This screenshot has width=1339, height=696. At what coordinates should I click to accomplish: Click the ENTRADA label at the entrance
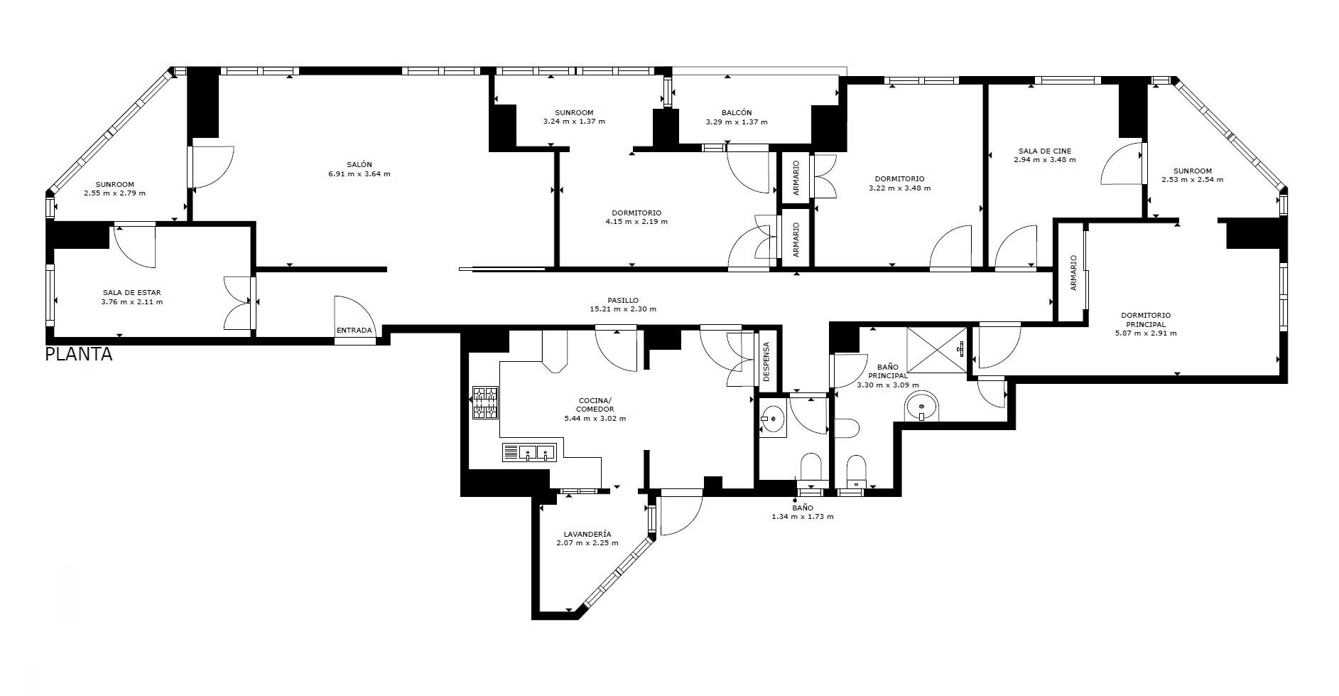click(354, 331)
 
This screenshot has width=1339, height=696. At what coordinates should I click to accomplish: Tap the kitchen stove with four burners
click(485, 402)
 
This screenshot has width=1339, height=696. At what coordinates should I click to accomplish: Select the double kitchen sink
click(529, 452)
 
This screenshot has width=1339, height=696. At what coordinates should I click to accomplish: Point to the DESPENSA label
click(766, 362)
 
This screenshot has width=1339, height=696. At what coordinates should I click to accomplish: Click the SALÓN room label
click(359, 164)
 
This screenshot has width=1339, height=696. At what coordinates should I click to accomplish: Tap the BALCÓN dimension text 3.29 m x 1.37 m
click(737, 122)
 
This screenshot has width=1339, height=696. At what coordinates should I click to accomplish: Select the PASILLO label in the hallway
click(623, 300)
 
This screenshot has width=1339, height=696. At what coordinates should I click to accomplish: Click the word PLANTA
click(79, 354)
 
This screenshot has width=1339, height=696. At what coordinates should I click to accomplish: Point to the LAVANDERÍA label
click(587, 534)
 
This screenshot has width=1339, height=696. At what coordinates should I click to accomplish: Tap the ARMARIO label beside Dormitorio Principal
click(1073, 272)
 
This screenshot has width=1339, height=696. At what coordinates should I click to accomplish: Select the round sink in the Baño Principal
click(922, 407)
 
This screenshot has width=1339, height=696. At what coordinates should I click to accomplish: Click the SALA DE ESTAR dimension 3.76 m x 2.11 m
click(132, 301)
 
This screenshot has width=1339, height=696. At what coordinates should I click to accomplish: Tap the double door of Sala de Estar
click(239, 303)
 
